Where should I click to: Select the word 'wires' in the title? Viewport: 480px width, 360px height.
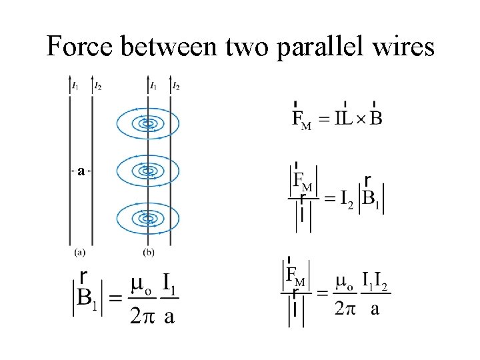[x=402, y=47]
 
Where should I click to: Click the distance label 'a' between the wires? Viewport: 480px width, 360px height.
[x=81, y=171]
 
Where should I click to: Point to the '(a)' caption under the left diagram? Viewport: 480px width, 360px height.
[x=80, y=252]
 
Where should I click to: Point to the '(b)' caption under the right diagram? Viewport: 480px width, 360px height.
[x=149, y=252]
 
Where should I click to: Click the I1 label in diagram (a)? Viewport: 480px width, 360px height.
[x=75, y=86]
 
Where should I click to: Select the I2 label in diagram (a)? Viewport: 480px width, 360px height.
[x=97, y=86]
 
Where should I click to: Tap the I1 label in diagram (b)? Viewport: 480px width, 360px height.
[x=153, y=86]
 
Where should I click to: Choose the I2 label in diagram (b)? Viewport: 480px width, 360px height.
[x=176, y=86]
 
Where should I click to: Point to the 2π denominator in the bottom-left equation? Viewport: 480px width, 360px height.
[x=141, y=314]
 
